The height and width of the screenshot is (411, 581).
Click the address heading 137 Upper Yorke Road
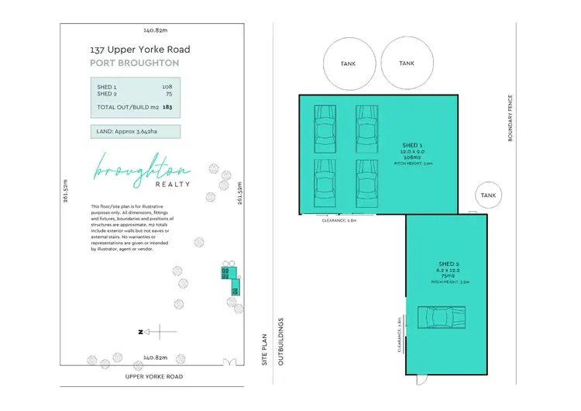(x=139, y=50)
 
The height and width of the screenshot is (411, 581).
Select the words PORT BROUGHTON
(x=134, y=63)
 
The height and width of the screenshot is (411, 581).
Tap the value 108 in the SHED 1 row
(x=167, y=86)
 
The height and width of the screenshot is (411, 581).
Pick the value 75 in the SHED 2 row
(x=168, y=94)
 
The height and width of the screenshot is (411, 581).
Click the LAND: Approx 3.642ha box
(x=135, y=131)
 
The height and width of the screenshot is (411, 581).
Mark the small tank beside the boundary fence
(x=489, y=195)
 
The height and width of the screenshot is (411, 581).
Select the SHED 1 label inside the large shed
(x=411, y=145)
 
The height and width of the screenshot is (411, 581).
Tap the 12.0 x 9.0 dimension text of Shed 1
(x=411, y=152)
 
